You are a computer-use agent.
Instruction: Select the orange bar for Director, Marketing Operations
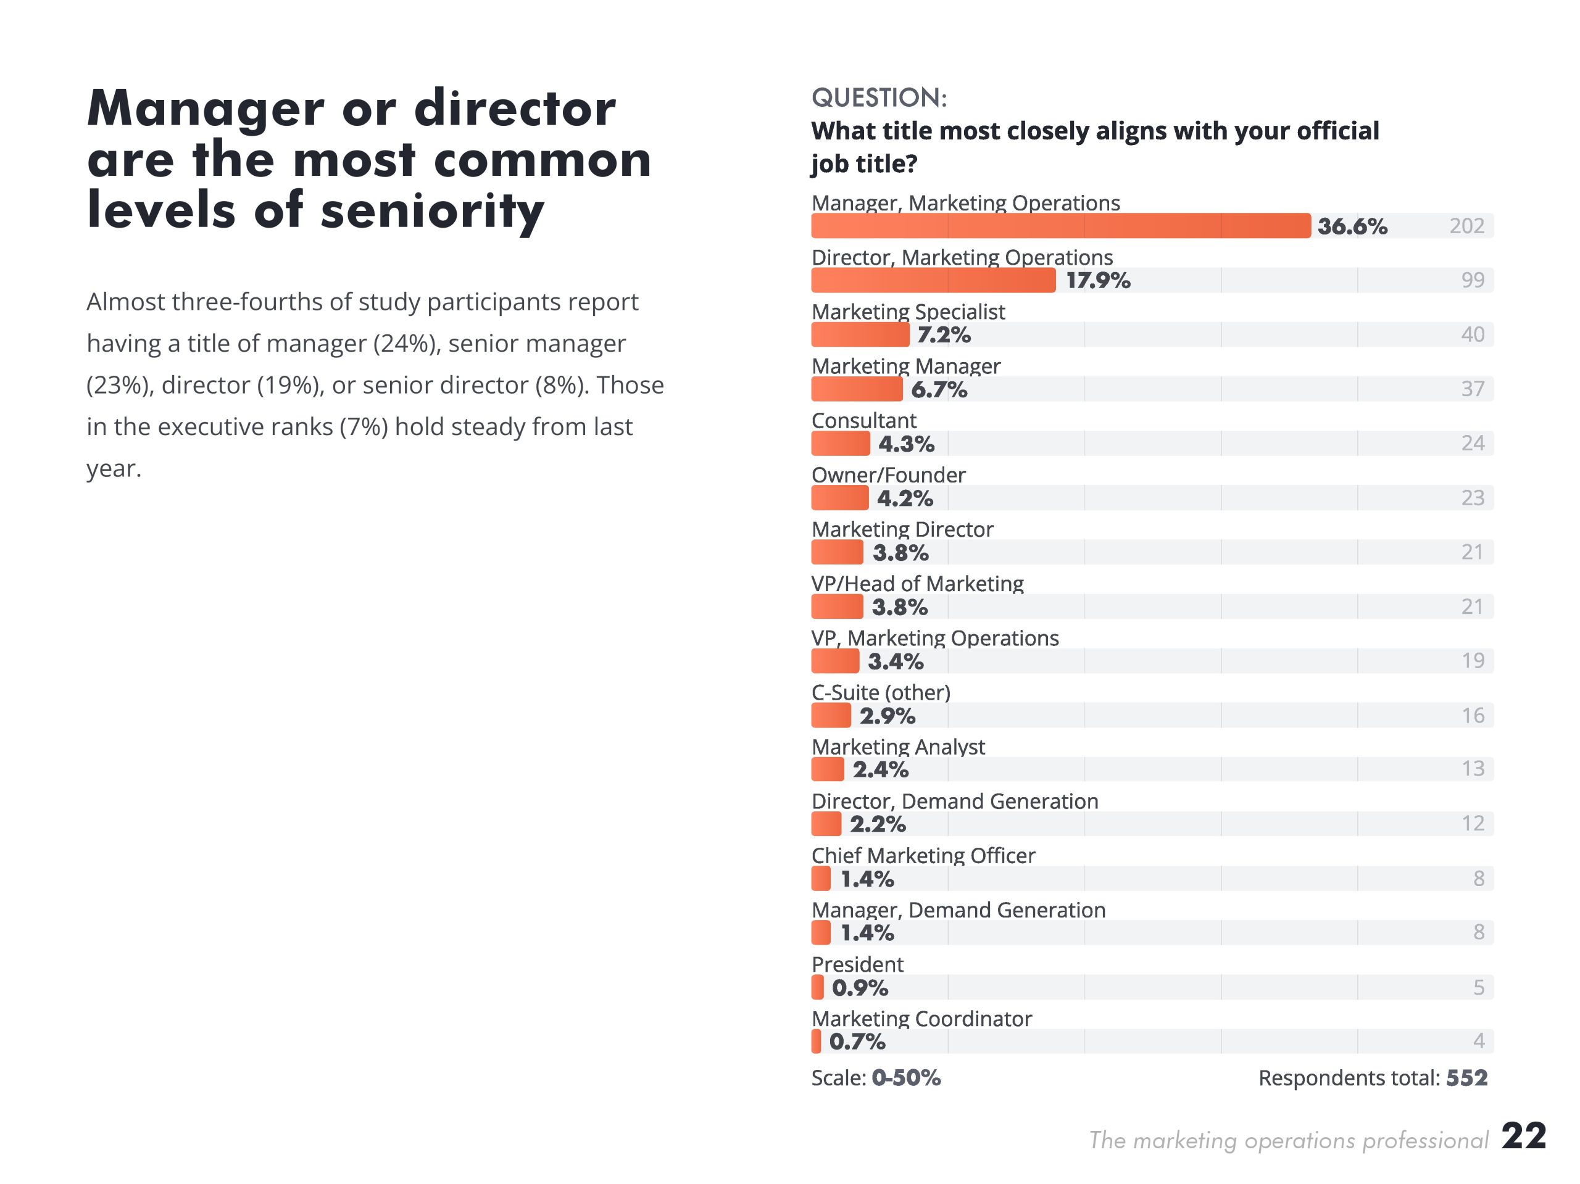pyautogui.click(x=933, y=280)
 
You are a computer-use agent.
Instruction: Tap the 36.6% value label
pyautogui.click(x=1352, y=226)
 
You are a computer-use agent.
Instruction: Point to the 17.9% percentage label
pyautogui.click(x=1098, y=281)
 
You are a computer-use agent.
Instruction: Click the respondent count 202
pyautogui.click(x=1466, y=226)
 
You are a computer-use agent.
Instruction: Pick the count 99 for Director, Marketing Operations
pyautogui.click(x=1472, y=280)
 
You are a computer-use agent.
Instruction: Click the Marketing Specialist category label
pyautogui.click(x=908, y=312)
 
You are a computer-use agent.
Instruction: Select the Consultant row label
pyautogui.click(x=863, y=421)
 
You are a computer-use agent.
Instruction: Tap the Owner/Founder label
pyautogui.click(x=888, y=475)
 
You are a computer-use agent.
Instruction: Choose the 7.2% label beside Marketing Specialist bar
pyautogui.click(x=944, y=335)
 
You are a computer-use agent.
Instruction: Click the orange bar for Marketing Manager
pyautogui.click(x=857, y=389)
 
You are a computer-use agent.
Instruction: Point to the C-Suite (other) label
pyautogui.click(x=881, y=692)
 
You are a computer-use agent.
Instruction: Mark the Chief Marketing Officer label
pyautogui.click(x=923, y=856)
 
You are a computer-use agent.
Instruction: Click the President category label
pyautogui.click(x=857, y=964)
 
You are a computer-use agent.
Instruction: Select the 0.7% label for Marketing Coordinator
pyautogui.click(x=857, y=1042)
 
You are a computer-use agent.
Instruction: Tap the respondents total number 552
pyautogui.click(x=1466, y=1078)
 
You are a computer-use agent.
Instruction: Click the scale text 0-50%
pyautogui.click(x=905, y=1078)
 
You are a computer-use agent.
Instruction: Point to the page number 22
pyautogui.click(x=1524, y=1135)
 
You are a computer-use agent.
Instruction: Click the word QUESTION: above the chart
pyautogui.click(x=879, y=98)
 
